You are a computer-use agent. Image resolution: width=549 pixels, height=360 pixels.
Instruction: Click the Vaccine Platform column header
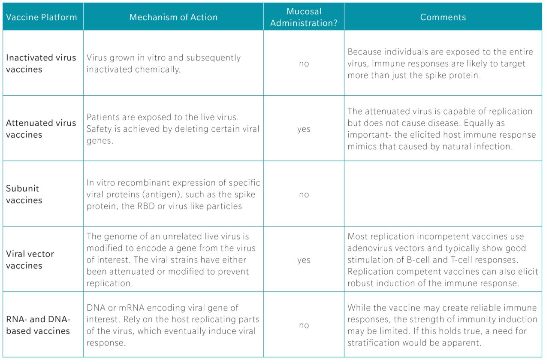click(x=42, y=18)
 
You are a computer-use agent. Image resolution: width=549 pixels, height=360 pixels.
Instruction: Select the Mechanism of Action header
click(x=173, y=18)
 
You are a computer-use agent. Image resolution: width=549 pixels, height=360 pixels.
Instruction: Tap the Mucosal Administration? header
click(x=304, y=18)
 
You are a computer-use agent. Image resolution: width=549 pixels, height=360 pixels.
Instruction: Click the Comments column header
click(x=443, y=18)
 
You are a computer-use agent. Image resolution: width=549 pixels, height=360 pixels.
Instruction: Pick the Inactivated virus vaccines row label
click(x=41, y=64)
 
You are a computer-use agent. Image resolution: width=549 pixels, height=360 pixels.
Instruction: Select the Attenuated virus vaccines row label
click(x=41, y=129)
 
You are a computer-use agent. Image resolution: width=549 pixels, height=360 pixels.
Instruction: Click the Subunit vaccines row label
click(x=24, y=194)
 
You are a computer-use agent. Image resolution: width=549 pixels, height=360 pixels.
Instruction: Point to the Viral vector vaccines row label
click(x=30, y=260)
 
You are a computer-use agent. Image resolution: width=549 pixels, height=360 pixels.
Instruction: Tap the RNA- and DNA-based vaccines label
click(x=38, y=325)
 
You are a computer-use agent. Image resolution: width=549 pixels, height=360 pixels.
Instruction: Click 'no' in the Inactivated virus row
click(x=304, y=64)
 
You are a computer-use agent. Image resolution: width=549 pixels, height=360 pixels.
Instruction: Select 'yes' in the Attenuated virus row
click(x=304, y=129)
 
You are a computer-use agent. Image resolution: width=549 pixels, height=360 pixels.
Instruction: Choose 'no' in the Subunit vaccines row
click(x=304, y=195)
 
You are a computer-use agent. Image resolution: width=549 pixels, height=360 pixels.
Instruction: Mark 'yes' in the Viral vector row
click(x=304, y=260)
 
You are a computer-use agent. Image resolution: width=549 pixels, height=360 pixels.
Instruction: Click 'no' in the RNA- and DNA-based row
click(x=304, y=326)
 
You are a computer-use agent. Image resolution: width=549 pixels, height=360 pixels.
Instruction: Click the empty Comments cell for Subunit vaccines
click(x=443, y=194)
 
